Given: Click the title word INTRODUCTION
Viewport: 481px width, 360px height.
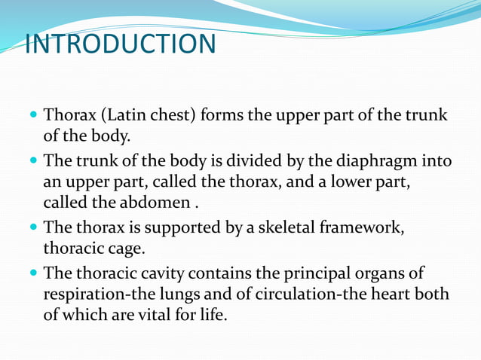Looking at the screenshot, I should [x=120, y=44].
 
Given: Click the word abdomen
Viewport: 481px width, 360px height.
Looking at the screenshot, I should [x=154, y=203].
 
